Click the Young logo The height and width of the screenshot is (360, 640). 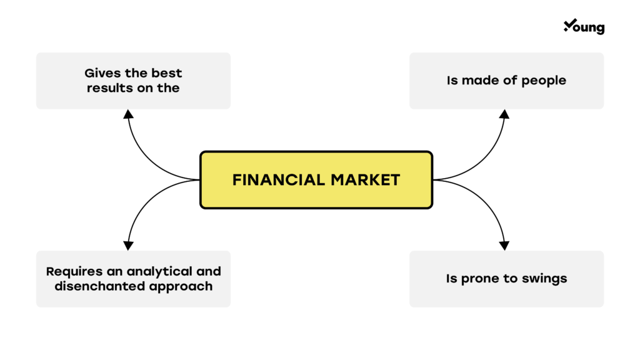(584, 26)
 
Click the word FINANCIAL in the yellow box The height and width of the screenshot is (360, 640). (278, 180)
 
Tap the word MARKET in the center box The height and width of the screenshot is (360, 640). (365, 180)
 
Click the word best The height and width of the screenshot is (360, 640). (166, 73)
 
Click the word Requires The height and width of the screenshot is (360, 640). (74, 272)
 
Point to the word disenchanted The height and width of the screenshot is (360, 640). (100, 286)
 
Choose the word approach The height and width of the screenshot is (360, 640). (181, 287)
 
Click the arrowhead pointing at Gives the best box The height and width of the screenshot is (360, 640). (129, 114)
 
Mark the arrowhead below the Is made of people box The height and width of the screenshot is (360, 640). (504, 114)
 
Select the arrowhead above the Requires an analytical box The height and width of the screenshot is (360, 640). (129, 246)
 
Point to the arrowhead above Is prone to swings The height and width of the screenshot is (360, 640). (504, 246)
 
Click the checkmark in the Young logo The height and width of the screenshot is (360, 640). (570, 25)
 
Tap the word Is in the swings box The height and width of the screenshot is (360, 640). (451, 279)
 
